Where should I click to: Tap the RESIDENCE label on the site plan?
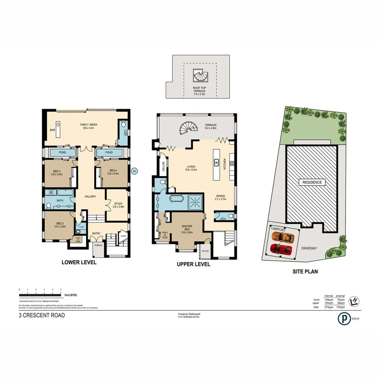[311, 182]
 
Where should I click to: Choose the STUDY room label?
[119, 204]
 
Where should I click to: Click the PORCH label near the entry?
[98, 245]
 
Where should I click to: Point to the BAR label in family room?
[52, 130]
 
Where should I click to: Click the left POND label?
[63, 152]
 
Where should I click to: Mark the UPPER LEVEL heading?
[193, 264]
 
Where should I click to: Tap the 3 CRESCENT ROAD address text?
[41, 315]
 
